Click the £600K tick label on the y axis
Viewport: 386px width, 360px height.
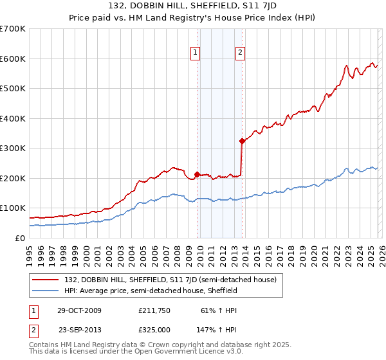pos(13,59)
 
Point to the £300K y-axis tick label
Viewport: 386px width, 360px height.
pos(13,148)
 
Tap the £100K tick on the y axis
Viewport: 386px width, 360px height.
pos(13,208)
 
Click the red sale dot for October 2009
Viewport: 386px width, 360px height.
pos(197,174)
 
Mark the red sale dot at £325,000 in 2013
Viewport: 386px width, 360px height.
pos(241,141)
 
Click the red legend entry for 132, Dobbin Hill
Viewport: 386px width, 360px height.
pos(171,280)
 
